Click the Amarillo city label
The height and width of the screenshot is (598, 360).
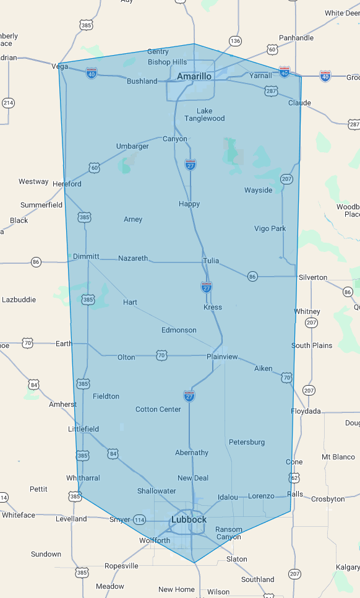(194, 76)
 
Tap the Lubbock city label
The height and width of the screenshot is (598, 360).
(189, 519)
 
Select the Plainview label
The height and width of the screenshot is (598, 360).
(222, 357)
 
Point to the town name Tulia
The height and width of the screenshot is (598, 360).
(211, 261)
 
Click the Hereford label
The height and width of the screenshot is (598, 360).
(67, 184)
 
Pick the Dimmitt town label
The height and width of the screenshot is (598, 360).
(86, 256)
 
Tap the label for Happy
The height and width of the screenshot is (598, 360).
(189, 204)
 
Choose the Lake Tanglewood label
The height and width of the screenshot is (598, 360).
(204, 115)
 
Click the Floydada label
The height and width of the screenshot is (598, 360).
(306, 411)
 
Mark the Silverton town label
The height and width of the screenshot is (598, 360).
(312, 277)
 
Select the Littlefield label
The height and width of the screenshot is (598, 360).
(84, 429)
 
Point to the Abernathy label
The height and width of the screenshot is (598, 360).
(192, 453)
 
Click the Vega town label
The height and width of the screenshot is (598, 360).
(60, 66)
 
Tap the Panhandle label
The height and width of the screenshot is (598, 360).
(296, 38)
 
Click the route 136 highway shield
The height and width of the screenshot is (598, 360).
(235, 41)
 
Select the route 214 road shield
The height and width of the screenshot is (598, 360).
(7, 102)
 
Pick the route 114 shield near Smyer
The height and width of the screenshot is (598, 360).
(140, 519)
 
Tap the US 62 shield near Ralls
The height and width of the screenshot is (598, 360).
(294, 478)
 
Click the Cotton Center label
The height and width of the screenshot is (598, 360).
(158, 409)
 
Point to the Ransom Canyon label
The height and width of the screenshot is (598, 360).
(228, 533)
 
